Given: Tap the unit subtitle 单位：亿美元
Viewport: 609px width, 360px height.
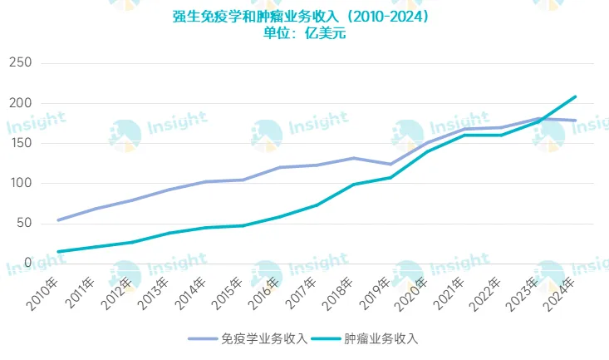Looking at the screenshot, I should (x=305, y=33).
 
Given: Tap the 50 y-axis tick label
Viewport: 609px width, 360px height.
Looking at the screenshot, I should (x=22, y=223).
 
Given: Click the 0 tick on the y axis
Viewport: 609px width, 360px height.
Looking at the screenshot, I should (x=27, y=263).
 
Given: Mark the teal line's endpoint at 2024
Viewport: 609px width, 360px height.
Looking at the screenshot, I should (x=575, y=96).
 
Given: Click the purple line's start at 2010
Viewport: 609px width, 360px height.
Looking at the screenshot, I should (x=57, y=219).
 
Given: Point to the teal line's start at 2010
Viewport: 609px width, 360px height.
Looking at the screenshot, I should (x=57, y=251).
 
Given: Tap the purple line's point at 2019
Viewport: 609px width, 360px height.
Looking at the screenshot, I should (x=390, y=164).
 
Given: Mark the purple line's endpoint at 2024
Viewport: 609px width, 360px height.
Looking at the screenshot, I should (x=575, y=121).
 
